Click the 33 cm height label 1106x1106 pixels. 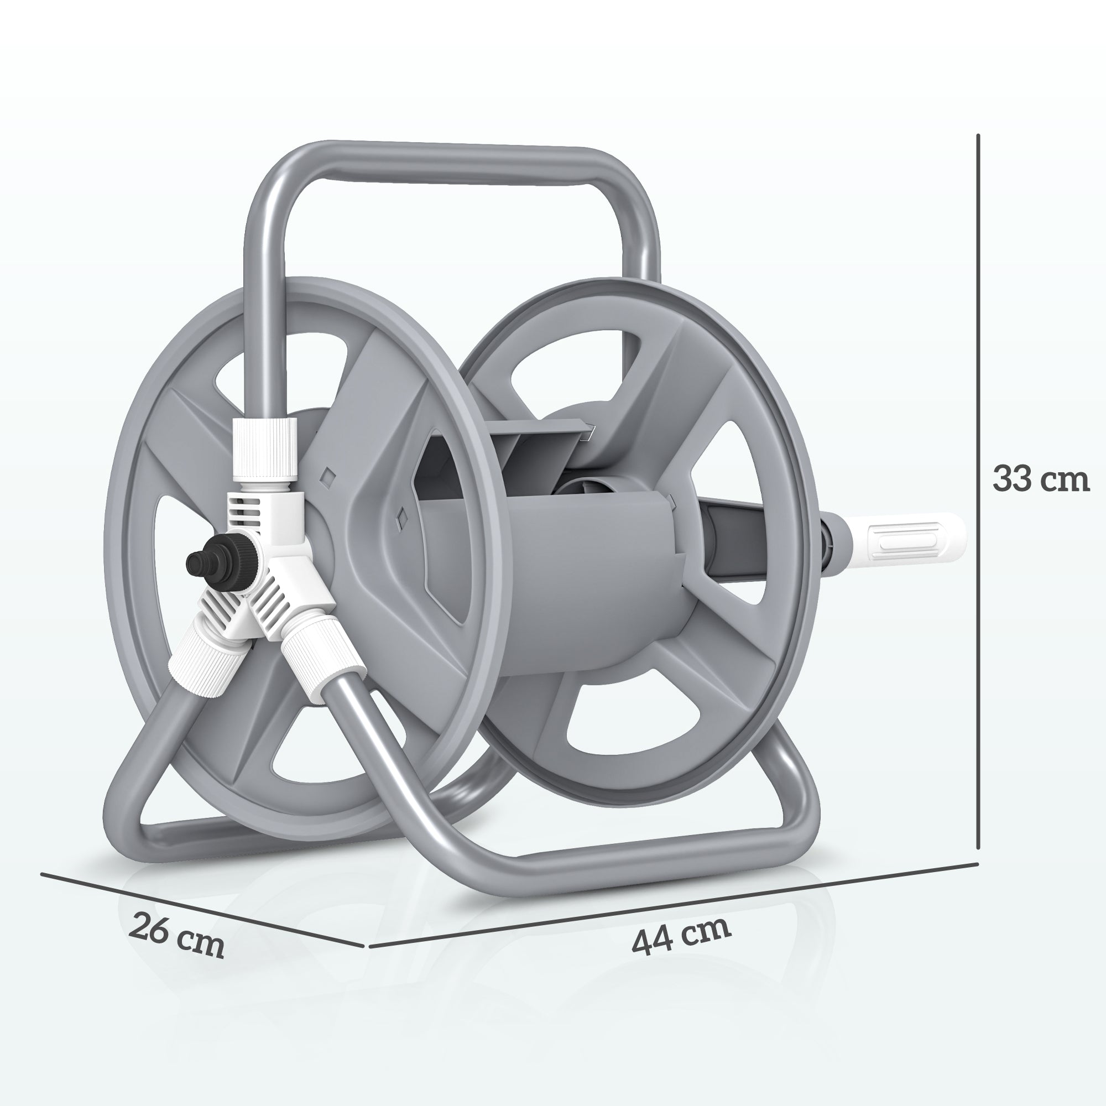pos(1040,479)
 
